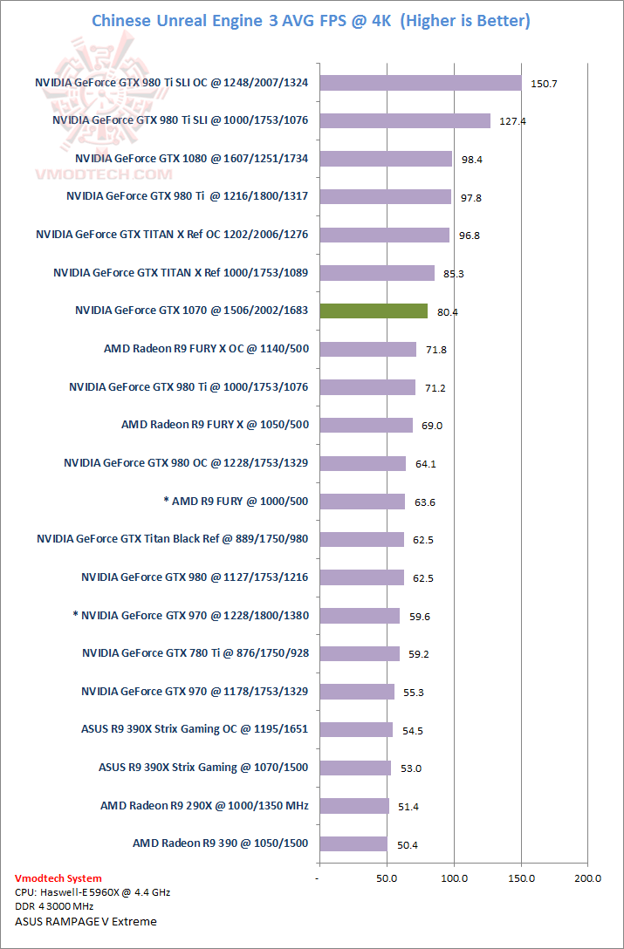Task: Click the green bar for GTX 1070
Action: point(373,311)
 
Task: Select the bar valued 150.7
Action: point(420,83)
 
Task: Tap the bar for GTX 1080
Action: point(385,159)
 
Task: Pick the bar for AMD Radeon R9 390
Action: point(352,843)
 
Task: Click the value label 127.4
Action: point(512,121)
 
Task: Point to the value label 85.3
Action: point(454,274)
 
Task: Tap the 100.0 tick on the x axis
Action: point(454,877)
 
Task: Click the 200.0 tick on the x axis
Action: point(588,877)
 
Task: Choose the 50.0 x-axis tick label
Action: point(387,877)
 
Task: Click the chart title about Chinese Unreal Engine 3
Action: point(311,20)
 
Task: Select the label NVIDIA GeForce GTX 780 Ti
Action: point(195,652)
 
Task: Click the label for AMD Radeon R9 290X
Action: point(204,805)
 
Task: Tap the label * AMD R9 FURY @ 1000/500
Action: point(236,501)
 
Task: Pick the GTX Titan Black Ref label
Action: point(172,538)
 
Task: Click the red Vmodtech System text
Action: point(58,878)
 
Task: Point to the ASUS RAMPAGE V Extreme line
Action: point(86,921)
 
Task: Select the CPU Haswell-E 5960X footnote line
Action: point(93,893)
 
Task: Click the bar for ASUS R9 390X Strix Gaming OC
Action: point(355,729)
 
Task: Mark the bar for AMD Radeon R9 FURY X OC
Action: point(367,349)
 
